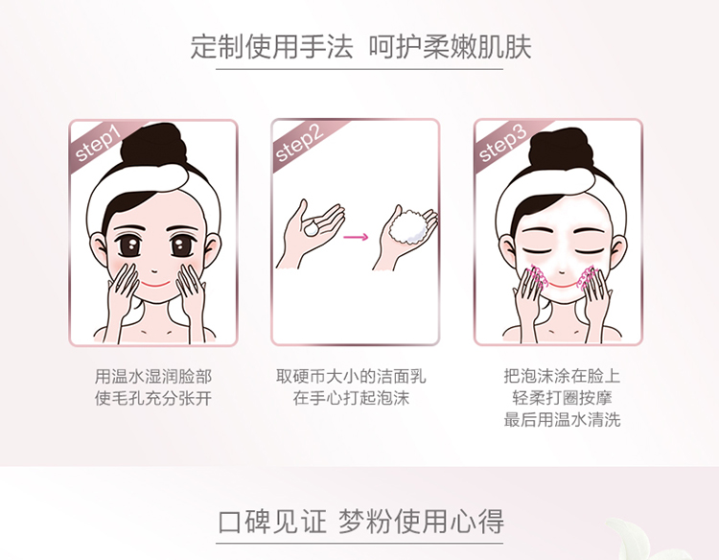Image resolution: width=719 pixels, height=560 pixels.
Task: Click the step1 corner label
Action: click(98, 144)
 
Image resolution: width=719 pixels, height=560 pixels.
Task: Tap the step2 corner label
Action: click(299, 144)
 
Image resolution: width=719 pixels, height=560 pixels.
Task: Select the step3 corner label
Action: click(502, 144)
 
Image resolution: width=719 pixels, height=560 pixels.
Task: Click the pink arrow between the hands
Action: click(356, 237)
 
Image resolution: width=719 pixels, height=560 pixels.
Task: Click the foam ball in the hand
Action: click(407, 227)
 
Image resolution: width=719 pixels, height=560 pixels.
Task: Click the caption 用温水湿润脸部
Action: click(153, 377)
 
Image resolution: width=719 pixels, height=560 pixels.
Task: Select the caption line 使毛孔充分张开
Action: click(153, 398)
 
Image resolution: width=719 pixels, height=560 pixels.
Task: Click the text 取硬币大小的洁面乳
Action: click(351, 377)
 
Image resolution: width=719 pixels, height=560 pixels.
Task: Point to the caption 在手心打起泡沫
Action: click(351, 398)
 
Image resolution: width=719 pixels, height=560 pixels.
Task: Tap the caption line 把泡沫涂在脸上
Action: click(562, 376)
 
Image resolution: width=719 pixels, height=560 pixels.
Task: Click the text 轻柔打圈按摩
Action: click(562, 398)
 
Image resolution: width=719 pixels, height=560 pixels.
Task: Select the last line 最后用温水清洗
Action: click(562, 419)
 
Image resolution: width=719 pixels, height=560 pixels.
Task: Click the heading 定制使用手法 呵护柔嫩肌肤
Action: click(360, 47)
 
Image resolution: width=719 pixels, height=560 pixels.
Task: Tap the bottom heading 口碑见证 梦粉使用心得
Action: click(360, 522)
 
